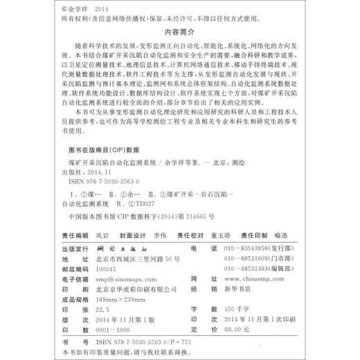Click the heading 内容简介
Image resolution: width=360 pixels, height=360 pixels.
179,31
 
